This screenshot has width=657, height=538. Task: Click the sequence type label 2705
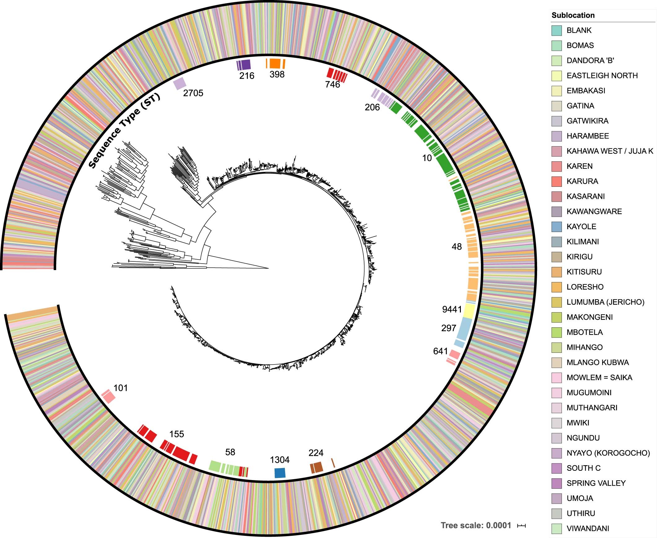coord(193,93)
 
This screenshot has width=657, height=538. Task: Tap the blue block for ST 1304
coord(280,473)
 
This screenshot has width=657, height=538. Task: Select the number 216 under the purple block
coord(246,76)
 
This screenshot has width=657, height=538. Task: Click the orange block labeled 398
coord(275,63)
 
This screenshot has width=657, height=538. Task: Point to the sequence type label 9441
coord(452,309)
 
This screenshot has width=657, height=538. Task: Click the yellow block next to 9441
coord(469,310)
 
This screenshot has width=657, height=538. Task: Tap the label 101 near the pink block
coord(121,388)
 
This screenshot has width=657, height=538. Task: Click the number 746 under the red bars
coord(333,85)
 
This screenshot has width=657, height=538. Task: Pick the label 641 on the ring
coord(440,351)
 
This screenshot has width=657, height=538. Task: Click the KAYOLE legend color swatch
coord(557,226)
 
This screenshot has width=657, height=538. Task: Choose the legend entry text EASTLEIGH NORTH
coord(602,76)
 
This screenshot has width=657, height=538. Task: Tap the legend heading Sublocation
coord(573,15)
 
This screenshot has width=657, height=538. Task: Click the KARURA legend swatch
coord(557,181)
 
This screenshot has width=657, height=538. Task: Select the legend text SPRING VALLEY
coord(596,483)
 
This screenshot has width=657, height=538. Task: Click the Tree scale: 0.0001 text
coord(476,525)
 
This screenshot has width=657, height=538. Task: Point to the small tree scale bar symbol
coord(522,526)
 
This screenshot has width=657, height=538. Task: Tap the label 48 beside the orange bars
coord(456,247)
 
